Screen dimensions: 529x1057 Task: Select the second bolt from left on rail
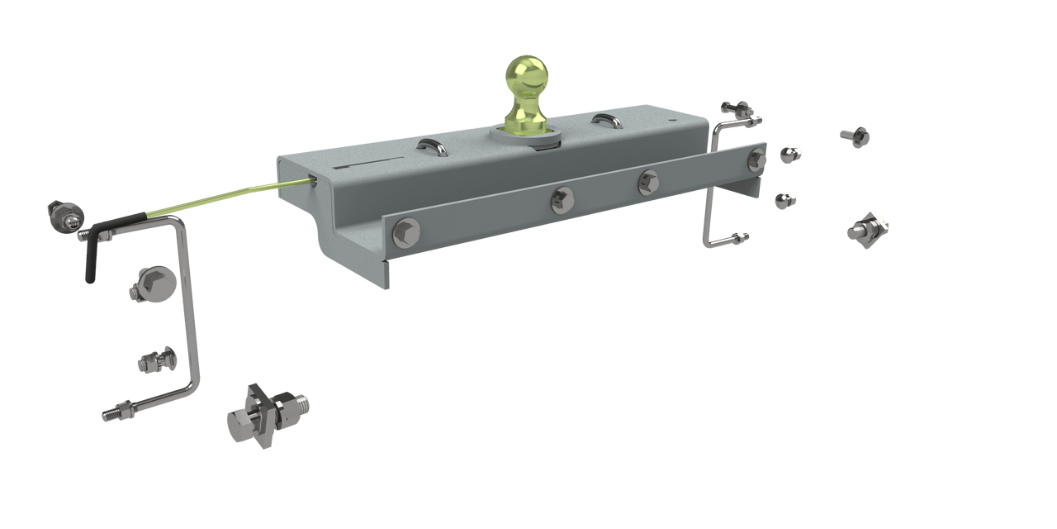(562, 198)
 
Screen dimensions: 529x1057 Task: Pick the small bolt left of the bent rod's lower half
(155, 361)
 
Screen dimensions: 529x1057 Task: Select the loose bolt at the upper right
(855, 136)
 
